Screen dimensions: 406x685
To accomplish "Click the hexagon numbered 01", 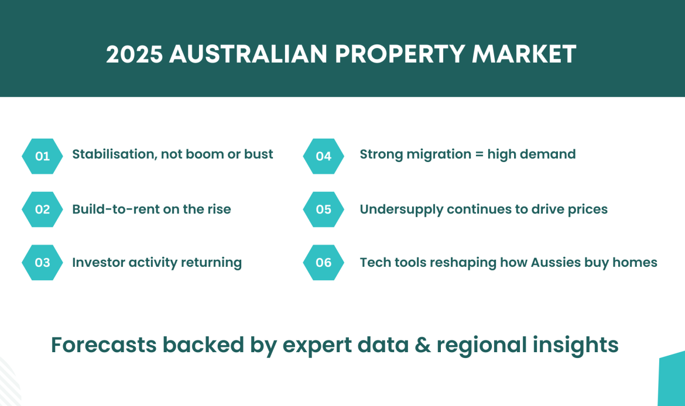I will [x=42, y=156].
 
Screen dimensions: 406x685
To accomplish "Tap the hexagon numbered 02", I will [x=42, y=209].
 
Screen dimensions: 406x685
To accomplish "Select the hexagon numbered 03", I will [x=42, y=262].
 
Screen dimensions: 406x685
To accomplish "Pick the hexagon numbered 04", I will [x=323, y=156].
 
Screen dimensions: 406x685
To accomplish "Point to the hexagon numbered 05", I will [x=323, y=209].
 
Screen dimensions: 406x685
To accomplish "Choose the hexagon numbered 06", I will [x=323, y=262].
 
